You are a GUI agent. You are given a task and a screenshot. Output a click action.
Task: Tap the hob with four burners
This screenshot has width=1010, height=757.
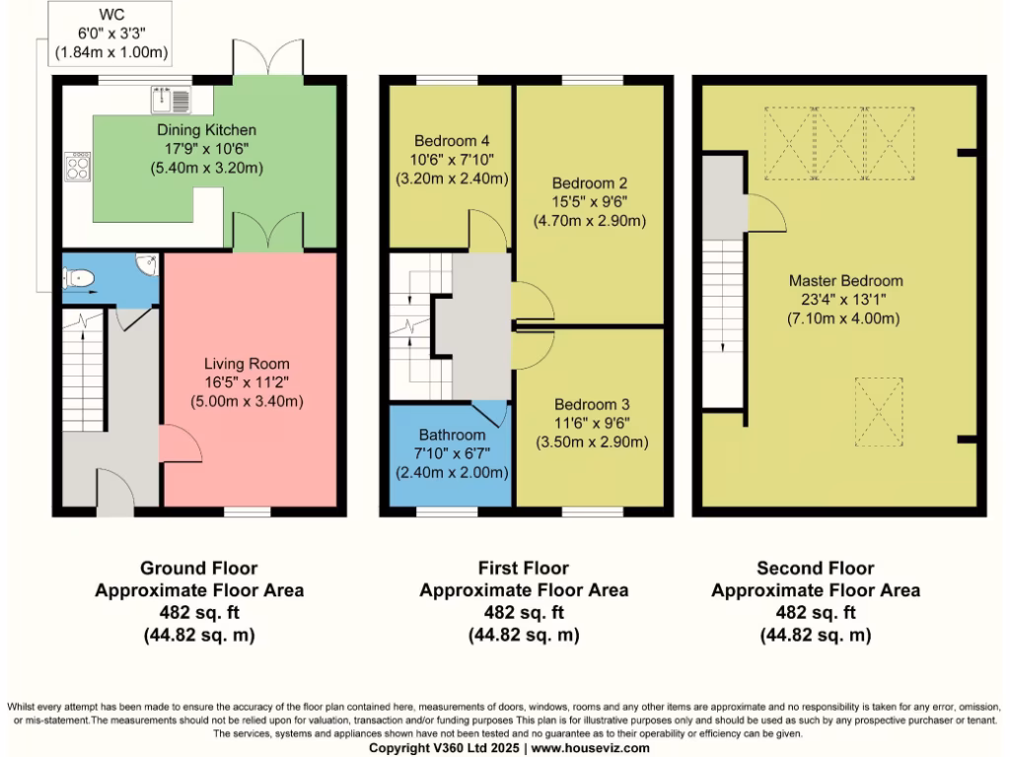point(77,166)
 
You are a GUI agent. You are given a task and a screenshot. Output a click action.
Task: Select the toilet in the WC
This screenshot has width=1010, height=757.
point(79,280)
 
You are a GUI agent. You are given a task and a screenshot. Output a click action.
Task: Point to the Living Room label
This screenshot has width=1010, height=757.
point(246,364)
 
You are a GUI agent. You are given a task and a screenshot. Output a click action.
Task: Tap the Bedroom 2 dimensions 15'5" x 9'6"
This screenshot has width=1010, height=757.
point(590,202)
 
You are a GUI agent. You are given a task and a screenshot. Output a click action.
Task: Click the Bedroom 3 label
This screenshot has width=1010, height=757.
point(592,404)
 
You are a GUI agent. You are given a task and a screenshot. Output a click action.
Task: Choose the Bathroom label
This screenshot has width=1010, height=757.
point(453,435)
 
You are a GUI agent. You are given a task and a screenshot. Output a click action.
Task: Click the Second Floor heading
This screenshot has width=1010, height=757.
point(816,568)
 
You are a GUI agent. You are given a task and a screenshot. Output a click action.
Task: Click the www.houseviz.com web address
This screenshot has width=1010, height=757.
point(590,748)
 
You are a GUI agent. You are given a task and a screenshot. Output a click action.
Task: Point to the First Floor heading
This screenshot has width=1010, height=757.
point(524,568)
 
